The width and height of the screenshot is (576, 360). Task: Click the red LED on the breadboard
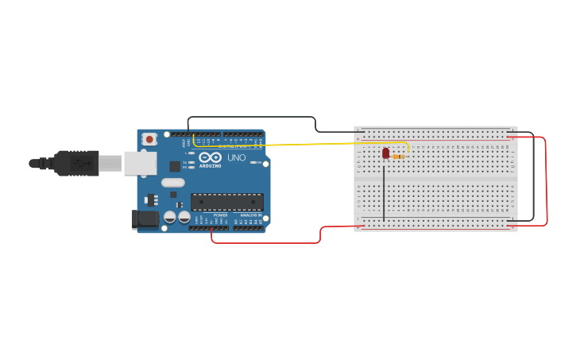[x=386, y=153]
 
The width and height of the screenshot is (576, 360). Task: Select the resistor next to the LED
[x=399, y=157]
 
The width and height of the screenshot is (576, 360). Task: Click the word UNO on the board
[x=237, y=157]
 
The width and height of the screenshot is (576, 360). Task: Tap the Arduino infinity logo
[x=210, y=157]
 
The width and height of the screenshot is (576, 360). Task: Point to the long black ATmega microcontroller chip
[x=226, y=202]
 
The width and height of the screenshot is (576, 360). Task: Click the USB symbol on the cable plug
[x=79, y=163]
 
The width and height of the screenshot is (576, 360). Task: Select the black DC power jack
[x=144, y=219]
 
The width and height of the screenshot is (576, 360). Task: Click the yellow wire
[x=318, y=144]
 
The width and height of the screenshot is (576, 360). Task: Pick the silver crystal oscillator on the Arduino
[x=172, y=183]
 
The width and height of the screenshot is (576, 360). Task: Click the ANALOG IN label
[x=251, y=215]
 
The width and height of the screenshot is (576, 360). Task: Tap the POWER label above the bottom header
[x=220, y=215]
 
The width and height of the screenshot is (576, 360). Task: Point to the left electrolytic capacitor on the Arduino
[x=170, y=217]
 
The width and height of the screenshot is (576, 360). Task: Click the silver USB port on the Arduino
[x=140, y=163]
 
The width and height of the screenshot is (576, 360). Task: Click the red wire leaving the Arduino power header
[x=262, y=242]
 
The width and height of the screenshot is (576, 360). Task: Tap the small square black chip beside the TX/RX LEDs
[x=175, y=166]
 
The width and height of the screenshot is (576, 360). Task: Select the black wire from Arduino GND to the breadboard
[x=254, y=118]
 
